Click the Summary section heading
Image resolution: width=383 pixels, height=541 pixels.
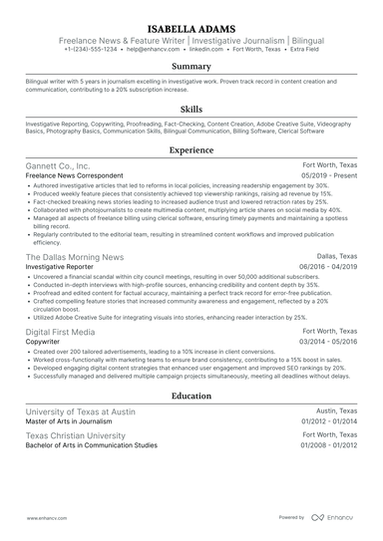coord(191,66)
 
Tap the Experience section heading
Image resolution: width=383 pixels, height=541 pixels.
coord(191,149)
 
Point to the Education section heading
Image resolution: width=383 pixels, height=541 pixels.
coord(191,367)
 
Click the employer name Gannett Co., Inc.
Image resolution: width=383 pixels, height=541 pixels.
coord(58,165)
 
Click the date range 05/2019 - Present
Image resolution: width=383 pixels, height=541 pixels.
coord(328,175)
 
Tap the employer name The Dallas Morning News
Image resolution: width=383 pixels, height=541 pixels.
coord(75,256)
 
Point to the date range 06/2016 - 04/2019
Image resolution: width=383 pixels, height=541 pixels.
coord(326,266)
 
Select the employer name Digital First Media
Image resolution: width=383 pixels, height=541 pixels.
coord(61,330)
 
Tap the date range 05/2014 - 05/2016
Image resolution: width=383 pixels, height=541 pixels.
coord(326,341)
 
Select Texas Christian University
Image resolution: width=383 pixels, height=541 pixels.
coord(77,408)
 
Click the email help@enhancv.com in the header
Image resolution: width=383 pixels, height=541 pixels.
coord(154,48)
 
